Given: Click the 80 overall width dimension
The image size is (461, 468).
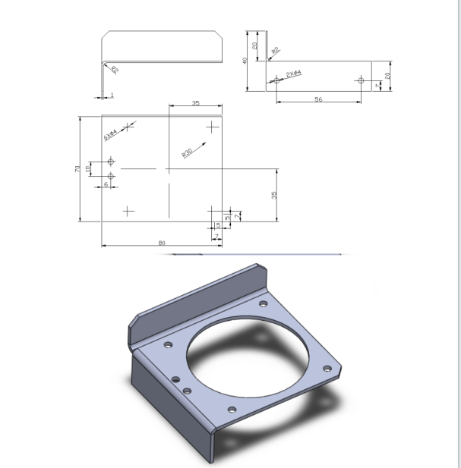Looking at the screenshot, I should [162, 243].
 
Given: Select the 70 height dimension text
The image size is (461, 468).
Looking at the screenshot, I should [78, 168].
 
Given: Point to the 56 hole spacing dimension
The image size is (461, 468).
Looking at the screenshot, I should [317, 99].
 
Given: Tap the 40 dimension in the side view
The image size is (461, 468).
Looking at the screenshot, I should [245, 61].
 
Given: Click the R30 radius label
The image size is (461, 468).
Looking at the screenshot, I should [187, 152].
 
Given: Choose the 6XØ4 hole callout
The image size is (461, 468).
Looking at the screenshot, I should [111, 135].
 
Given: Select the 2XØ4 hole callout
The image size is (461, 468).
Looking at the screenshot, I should [294, 74].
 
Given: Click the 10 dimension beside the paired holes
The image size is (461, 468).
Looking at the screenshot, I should [88, 168].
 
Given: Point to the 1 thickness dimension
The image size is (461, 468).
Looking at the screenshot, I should [112, 94].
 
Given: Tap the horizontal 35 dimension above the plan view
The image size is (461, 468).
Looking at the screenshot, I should [195, 102].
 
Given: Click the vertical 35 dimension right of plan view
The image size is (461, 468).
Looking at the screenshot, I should [274, 194].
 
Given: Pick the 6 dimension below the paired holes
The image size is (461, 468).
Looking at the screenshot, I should [105, 185].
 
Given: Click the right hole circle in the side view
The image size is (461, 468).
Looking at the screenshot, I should [361, 80].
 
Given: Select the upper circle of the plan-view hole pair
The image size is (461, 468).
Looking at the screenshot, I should [112, 162].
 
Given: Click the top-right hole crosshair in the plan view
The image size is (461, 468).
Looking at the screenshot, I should [211, 126].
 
